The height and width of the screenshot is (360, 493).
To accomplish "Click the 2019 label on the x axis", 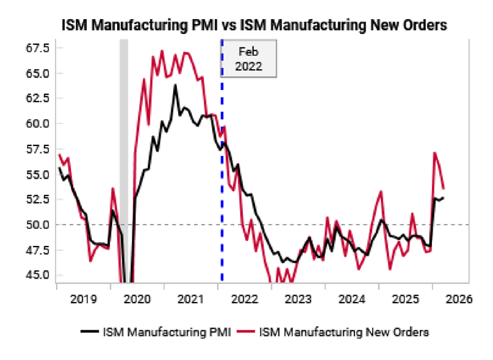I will click(x=83, y=300).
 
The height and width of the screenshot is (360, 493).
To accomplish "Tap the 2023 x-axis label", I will click(x=299, y=300).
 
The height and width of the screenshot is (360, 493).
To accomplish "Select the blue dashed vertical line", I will click(x=222, y=185).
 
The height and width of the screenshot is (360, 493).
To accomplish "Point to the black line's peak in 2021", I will click(x=175, y=85).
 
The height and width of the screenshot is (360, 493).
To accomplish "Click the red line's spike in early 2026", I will click(x=435, y=153).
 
